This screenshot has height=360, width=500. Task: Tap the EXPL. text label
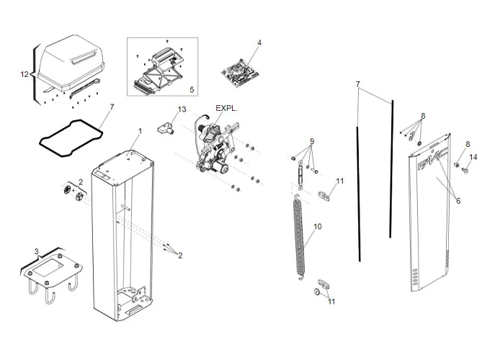pos(226,109)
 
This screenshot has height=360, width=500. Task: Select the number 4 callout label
pos(259,42)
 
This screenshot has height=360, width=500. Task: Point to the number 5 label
pos(191,89)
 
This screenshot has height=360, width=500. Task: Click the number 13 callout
pos(182,109)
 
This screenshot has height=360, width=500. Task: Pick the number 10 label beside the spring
pos(318,226)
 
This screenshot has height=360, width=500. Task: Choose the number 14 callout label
pos(473,157)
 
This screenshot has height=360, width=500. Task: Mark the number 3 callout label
pos(37,251)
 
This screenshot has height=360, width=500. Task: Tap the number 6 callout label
pos(458,201)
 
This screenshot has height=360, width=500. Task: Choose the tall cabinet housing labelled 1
pos(124,230)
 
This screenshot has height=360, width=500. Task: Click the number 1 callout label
pos(140,130)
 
